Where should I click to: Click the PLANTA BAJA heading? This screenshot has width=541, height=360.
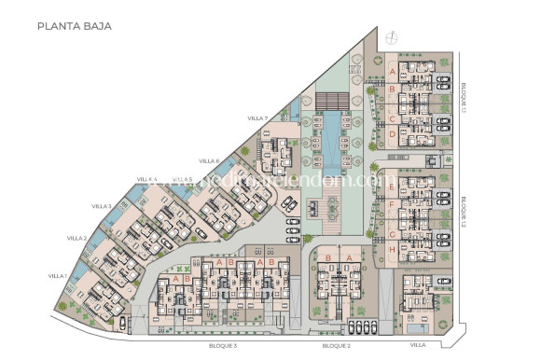(75, 26)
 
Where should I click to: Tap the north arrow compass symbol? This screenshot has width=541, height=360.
(392, 37)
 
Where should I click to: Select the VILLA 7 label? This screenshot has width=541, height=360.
(258, 118)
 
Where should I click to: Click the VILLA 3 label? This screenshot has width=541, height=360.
(102, 205)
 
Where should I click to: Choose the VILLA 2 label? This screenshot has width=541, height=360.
(76, 239)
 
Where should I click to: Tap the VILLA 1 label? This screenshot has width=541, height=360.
(58, 276)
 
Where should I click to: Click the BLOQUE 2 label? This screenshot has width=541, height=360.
(336, 346)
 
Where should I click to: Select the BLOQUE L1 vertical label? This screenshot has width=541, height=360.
(464, 96)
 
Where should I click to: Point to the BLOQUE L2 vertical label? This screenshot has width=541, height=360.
(464, 213)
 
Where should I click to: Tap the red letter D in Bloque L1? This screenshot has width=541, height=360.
(393, 133)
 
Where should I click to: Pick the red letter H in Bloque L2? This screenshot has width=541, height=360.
(393, 249)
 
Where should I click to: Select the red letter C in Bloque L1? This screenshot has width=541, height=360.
(393, 118)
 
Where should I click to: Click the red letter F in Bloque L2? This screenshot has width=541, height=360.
(393, 203)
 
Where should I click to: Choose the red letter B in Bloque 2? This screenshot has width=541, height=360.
(327, 258)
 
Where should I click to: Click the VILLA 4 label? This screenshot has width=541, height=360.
(147, 179)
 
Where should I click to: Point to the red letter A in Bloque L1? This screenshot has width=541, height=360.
(393, 71)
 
